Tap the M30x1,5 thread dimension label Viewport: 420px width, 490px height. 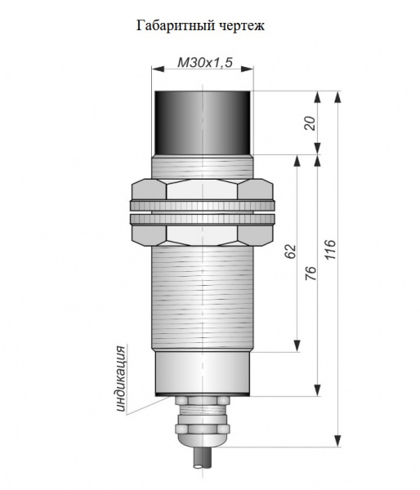[205, 63]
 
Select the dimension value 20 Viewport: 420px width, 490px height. [311, 122]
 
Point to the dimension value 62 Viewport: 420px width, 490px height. [290, 252]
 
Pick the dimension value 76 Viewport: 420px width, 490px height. [311, 273]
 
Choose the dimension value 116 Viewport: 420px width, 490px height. [330, 249]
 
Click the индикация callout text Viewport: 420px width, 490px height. [121, 378]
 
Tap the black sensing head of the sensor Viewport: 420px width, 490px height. [203, 122]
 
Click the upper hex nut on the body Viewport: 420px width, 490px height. [203, 189]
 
